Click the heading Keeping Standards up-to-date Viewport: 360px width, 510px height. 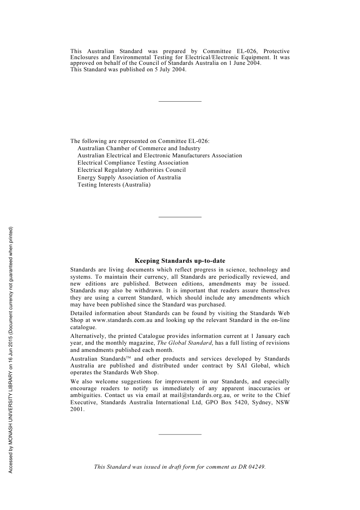click(180, 261)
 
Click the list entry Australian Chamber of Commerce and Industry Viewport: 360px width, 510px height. click(139, 148)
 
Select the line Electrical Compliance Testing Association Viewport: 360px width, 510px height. click(133, 163)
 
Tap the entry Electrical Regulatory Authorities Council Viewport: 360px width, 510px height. click(131, 170)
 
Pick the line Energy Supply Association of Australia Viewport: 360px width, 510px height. click(129, 177)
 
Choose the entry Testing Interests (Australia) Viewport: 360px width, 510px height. click(114, 185)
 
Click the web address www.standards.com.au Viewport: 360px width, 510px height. click(122, 320)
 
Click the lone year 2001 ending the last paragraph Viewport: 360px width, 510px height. click(77, 409)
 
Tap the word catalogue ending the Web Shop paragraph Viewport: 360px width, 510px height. click(83, 327)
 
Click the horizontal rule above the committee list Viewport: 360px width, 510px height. click(180, 101)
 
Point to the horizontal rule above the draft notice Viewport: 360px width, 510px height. click(180, 434)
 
